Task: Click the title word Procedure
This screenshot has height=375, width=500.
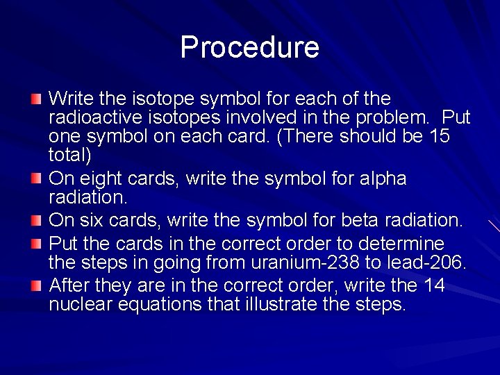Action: point(249,47)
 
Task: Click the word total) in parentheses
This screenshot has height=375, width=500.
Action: point(70,154)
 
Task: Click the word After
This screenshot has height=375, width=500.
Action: point(71,286)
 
